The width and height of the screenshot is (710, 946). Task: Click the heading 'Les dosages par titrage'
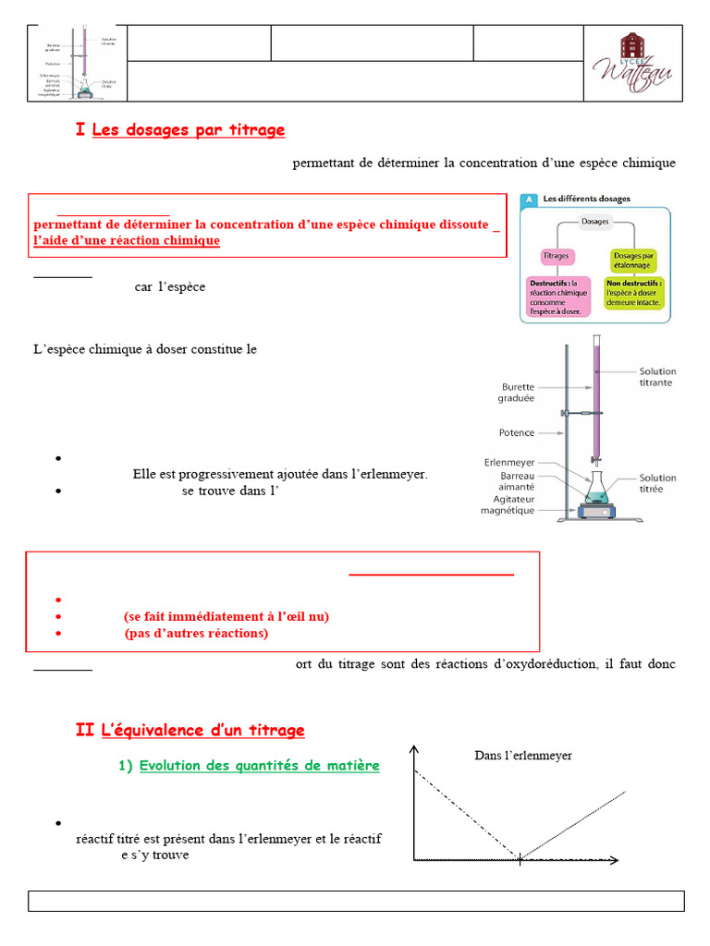[x=189, y=130]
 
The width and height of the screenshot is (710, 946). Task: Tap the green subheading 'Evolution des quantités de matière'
[x=259, y=766]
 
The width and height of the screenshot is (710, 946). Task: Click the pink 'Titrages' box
[x=557, y=256]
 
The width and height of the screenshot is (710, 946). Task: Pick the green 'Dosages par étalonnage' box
[x=633, y=258]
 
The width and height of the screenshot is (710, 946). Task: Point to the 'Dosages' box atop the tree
[x=595, y=222]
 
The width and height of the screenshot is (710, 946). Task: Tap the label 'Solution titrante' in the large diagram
[x=656, y=376]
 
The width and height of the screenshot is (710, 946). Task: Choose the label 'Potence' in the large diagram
[x=516, y=432]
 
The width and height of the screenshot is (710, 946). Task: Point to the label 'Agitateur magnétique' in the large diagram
[x=508, y=504]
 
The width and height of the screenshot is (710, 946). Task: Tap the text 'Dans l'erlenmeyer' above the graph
[x=523, y=756]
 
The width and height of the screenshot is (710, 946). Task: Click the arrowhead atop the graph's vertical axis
[x=416, y=748]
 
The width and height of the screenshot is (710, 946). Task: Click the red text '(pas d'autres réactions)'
[x=196, y=633]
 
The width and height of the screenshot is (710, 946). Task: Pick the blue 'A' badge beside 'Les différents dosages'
[x=529, y=199]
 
